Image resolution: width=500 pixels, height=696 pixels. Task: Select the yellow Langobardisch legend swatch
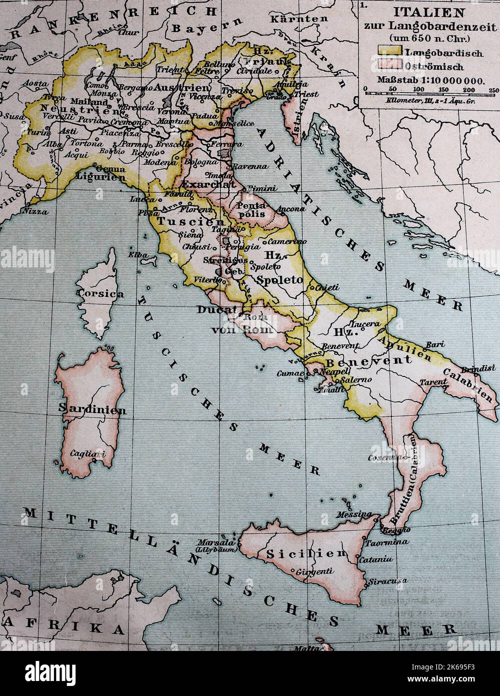(x=389, y=52)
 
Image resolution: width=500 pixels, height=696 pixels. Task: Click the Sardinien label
(x=93, y=409)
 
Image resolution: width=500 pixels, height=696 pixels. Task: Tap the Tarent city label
(x=433, y=382)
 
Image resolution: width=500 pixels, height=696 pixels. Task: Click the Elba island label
(x=138, y=255)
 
